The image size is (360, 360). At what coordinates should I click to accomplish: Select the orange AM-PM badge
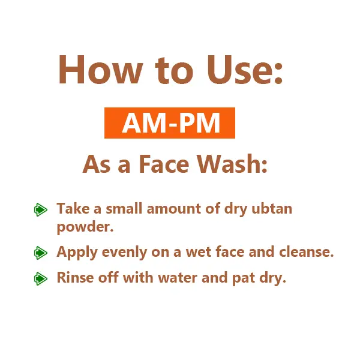170,124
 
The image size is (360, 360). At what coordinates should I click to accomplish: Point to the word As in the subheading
96,164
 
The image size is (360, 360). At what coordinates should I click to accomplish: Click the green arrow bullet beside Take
41,210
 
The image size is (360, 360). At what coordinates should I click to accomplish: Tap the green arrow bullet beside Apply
41,253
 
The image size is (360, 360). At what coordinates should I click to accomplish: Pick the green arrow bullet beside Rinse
41,278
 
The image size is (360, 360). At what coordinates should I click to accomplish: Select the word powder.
85,228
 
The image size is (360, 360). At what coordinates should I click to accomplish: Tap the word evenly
118,253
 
